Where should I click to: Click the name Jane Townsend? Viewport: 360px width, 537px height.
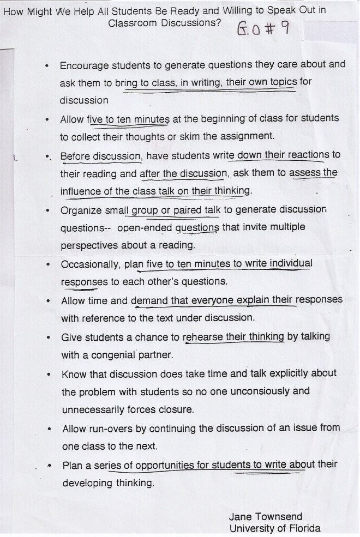tap(266, 516)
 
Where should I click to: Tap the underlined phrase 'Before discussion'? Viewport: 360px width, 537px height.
tap(101, 155)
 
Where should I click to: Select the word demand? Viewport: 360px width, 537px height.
tap(147, 300)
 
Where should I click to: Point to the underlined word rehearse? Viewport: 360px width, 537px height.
tap(201, 337)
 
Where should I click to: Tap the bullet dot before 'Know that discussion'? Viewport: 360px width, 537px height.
tap(50, 375)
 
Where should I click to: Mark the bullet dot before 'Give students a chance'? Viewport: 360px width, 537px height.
tap(50, 338)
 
